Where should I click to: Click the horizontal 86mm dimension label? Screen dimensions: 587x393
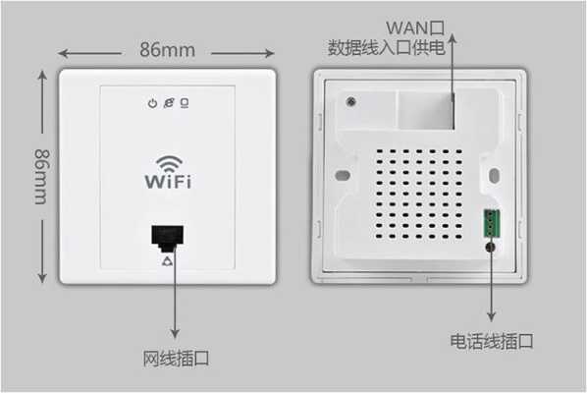point(167,50)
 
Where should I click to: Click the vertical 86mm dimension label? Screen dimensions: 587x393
point(41,177)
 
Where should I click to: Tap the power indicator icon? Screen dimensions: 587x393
point(152,103)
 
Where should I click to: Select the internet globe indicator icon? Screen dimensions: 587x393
point(169,103)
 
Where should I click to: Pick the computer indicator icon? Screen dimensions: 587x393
point(185,103)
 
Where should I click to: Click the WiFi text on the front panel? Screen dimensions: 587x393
point(168,182)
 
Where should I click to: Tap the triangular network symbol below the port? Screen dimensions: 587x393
point(168,260)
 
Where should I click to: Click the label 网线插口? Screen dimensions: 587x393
point(176,359)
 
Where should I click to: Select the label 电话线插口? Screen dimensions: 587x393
point(492,341)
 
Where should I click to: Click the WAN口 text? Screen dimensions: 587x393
point(415,28)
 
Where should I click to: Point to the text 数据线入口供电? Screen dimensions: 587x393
point(387,47)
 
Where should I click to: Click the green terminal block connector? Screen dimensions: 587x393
point(492,224)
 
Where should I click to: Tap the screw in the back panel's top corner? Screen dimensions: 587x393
point(350,101)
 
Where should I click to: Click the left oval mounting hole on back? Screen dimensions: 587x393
point(343,175)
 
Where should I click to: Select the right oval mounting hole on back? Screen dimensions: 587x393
point(494,176)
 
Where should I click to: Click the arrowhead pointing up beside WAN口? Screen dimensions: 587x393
point(453,38)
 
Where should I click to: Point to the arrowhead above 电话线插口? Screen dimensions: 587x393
point(491,315)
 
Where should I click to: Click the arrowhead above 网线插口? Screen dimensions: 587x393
point(175,333)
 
